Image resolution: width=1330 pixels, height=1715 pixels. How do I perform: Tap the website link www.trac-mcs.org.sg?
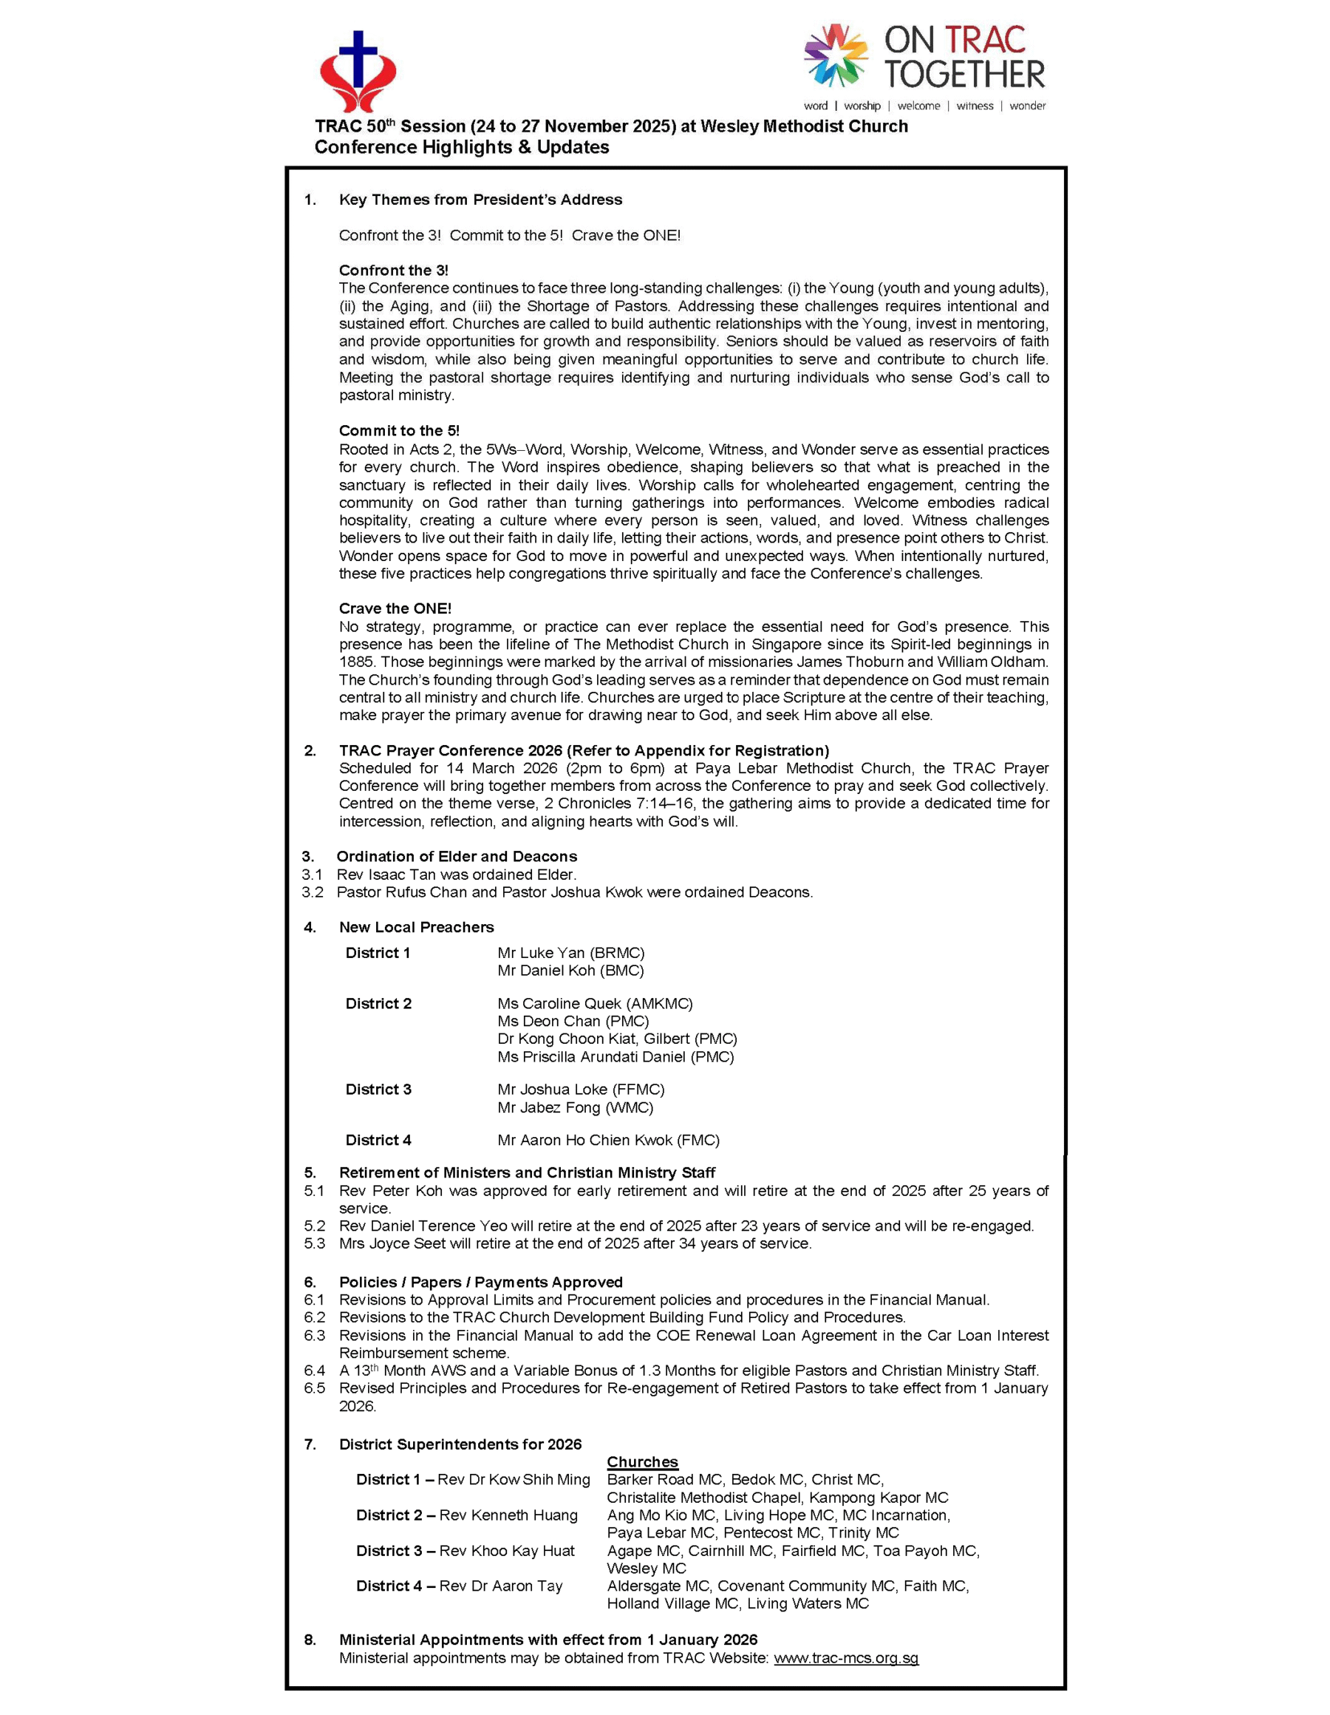pos(845,1657)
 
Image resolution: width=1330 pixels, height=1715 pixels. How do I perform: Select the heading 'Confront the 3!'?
pos(393,270)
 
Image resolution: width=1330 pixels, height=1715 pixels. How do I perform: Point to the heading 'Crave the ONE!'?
pos(395,608)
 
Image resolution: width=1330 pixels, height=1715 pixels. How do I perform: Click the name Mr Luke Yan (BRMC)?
pos(570,953)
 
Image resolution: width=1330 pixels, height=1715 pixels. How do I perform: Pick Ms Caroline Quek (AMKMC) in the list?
pos(594,1004)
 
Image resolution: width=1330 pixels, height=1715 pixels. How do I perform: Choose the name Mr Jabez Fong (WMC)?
pos(575,1107)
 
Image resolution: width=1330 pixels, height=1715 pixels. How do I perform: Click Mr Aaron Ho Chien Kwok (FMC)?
pos(607,1140)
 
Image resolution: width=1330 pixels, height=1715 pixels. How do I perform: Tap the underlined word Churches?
pos(642,1461)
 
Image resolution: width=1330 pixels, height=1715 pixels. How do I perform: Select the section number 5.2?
pos(314,1226)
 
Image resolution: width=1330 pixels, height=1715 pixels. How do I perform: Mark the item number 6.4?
pos(314,1371)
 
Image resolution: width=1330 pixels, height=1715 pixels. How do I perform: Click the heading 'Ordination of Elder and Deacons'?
pos(456,856)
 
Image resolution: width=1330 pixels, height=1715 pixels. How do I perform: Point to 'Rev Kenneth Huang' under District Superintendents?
pos(508,1515)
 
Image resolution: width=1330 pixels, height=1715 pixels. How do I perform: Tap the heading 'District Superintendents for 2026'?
pos(460,1444)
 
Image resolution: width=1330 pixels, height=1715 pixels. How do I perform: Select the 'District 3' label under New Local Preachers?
pos(378,1089)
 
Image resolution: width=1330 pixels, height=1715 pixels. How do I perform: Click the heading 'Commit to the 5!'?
pos(399,430)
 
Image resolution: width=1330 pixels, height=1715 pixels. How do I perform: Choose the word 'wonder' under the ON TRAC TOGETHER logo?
pos(1027,106)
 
